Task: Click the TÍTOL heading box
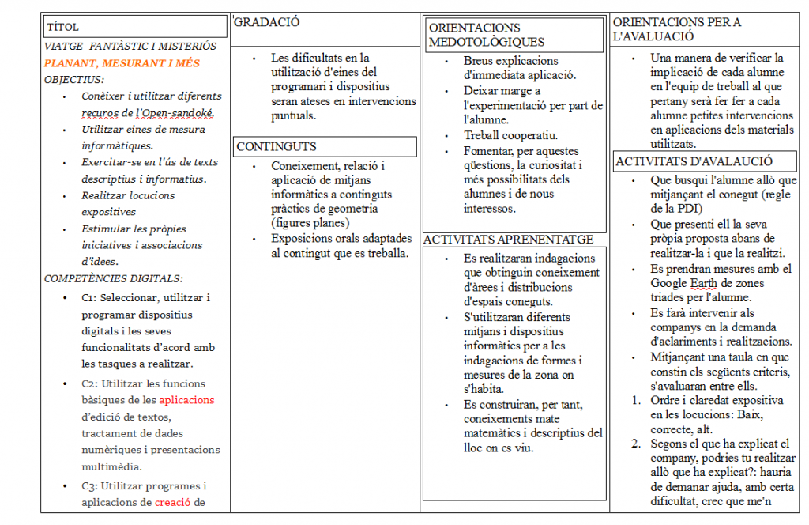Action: point(134,28)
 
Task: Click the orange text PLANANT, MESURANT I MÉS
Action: point(122,63)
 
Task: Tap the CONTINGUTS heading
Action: point(277,146)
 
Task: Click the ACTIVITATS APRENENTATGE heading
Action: point(508,240)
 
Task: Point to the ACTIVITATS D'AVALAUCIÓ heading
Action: point(694,161)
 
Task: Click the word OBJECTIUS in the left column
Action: point(73,79)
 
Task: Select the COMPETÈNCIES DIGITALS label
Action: point(114,278)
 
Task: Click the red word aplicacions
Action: point(186,400)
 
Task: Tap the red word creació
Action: point(173,502)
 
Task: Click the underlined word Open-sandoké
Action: point(178,113)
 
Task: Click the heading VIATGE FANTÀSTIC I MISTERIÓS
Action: point(130,47)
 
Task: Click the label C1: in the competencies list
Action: point(89,298)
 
